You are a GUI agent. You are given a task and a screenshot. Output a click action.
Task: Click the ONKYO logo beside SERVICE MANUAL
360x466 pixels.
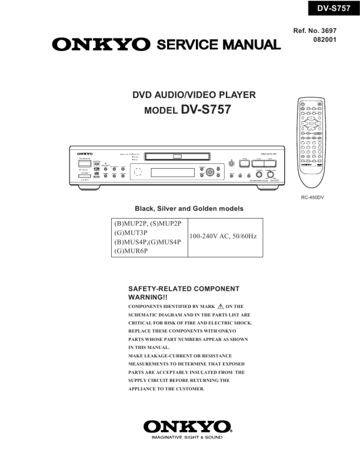[101, 45]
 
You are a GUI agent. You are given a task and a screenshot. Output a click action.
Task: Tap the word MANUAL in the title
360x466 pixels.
[249, 45]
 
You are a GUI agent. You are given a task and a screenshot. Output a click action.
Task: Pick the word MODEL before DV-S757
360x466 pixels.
[161, 110]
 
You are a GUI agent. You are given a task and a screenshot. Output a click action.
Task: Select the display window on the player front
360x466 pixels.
[173, 173]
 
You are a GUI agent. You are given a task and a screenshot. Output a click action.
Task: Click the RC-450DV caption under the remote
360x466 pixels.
[312, 197]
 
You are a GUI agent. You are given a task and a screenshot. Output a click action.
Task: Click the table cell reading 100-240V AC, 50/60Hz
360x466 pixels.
[223, 237]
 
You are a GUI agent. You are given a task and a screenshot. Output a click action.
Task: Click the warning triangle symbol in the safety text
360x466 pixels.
[221, 306]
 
